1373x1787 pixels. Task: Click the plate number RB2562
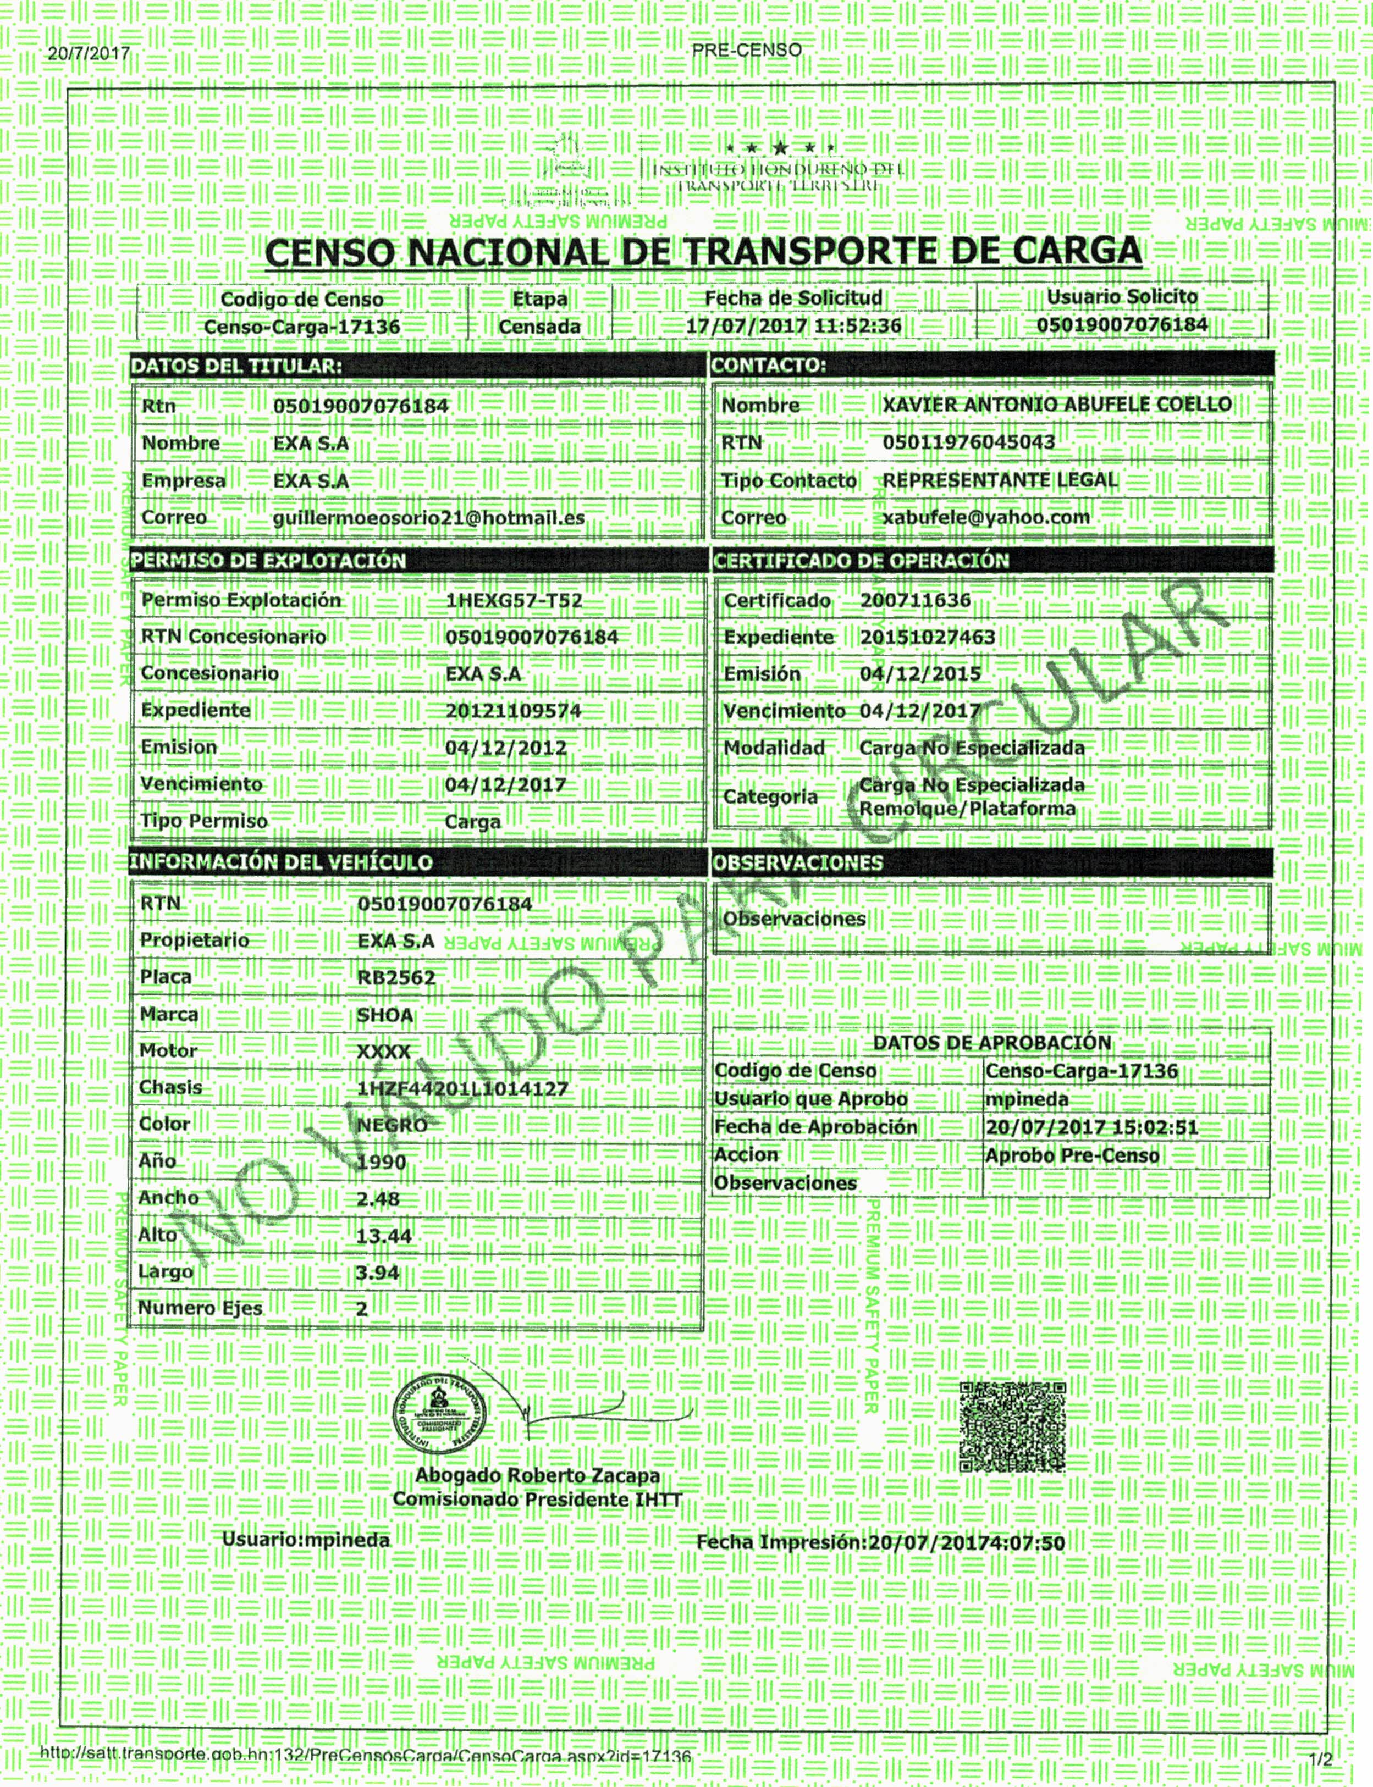pyautogui.click(x=396, y=977)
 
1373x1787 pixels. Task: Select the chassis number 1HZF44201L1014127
pyautogui.click(x=462, y=1088)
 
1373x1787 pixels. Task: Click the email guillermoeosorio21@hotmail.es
pyautogui.click(x=428, y=518)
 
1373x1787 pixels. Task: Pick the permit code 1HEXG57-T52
pyautogui.click(x=514, y=601)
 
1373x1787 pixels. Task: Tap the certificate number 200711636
pyautogui.click(x=916, y=601)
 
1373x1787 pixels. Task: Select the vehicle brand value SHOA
pyautogui.click(x=385, y=1015)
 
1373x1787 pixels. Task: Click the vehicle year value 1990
pyautogui.click(x=382, y=1162)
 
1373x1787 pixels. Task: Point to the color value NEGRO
pyautogui.click(x=392, y=1125)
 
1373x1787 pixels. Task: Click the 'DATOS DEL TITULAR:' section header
pyautogui.click(x=236, y=366)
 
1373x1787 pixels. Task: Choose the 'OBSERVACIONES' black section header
pyautogui.click(x=798, y=863)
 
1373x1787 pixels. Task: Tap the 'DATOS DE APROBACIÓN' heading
pyautogui.click(x=992, y=1043)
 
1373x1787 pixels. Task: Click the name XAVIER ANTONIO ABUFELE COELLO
pyautogui.click(x=1057, y=405)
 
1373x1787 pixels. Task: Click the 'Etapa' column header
pyautogui.click(x=539, y=299)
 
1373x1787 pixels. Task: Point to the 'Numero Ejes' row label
pyautogui.click(x=200, y=1308)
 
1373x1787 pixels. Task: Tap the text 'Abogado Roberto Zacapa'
pyautogui.click(x=537, y=1476)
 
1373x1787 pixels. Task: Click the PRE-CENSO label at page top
pyautogui.click(x=746, y=50)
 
